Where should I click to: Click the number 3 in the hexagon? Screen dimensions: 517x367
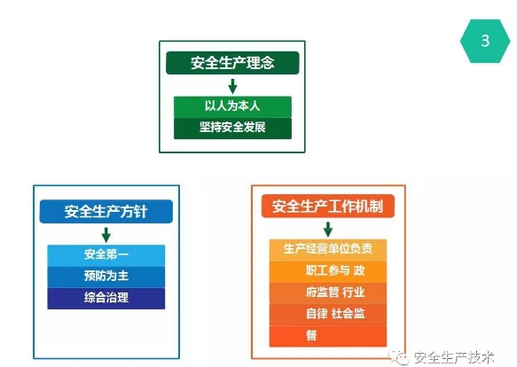[x=485, y=41]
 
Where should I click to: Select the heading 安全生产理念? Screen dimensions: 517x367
[x=232, y=63]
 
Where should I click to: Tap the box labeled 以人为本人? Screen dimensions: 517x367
[x=232, y=106]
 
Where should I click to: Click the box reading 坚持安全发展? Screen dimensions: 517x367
[x=232, y=128]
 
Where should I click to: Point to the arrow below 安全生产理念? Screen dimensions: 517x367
[x=232, y=86]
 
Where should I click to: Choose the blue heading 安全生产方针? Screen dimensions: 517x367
[x=106, y=211]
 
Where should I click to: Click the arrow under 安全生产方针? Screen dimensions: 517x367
[x=106, y=235]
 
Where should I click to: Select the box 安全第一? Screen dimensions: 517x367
[x=106, y=255]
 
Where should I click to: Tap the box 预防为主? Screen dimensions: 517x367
[x=106, y=277]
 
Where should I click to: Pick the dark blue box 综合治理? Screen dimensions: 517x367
[x=106, y=299]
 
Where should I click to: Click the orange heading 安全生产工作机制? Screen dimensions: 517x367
[x=328, y=206]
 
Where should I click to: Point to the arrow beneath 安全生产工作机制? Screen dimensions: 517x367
[x=328, y=230]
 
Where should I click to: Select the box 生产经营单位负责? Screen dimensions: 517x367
[x=328, y=250]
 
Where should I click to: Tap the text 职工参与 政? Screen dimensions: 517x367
[x=335, y=270]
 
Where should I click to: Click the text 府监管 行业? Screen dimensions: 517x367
[x=335, y=293]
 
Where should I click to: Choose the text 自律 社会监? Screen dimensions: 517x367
[x=335, y=314]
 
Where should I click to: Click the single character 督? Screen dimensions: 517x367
[x=311, y=335]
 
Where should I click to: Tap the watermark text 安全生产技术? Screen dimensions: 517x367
[x=454, y=357]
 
